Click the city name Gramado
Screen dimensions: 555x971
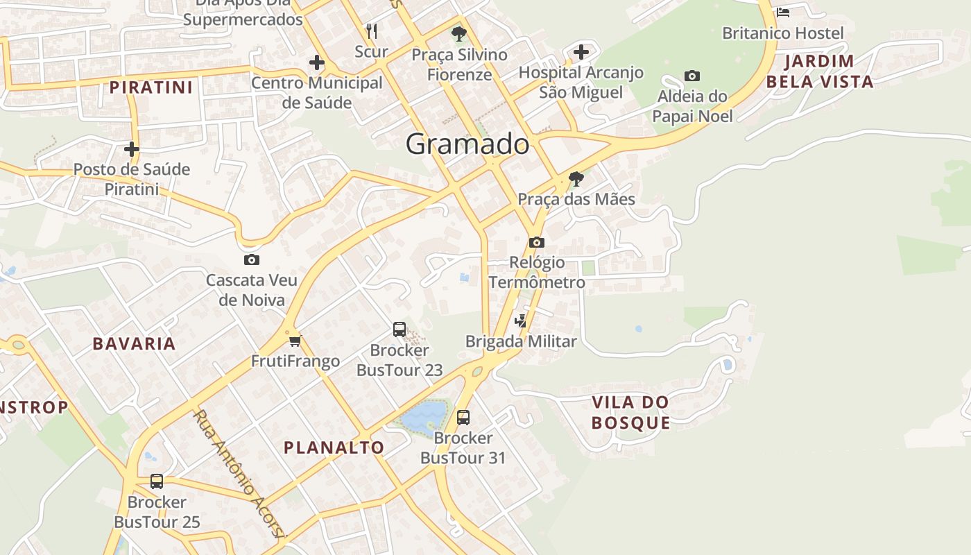click(x=467, y=144)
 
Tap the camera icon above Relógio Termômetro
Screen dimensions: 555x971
click(x=536, y=242)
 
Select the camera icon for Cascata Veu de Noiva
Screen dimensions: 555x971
click(x=252, y=260)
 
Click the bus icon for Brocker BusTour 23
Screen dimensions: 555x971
click(x=399, y=330)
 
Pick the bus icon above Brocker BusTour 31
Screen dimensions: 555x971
click(x=463, y=418)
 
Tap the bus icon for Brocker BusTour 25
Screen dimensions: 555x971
click(x=157, y=481)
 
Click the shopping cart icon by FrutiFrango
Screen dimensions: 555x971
click(x=295, y=341)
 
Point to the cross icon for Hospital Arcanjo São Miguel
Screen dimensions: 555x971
click(x=581, y=52)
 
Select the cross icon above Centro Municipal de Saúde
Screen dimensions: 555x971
click(x=317, y=62)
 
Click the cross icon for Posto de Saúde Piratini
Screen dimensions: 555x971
click(x=132, y=149)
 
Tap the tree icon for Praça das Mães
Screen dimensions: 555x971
click(x=576, y=179)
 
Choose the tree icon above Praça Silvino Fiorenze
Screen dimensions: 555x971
click(x=458, y=34)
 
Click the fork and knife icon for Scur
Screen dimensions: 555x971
click(x=372, y=31)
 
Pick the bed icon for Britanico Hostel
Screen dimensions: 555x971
click(x=783, y=12)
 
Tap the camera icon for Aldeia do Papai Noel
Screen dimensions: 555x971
click(x=691, y=76)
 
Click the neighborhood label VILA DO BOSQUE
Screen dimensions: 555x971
click(x=630, y=412)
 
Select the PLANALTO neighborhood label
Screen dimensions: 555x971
click(x=334, y=447)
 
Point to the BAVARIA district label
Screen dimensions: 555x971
click(x=134, y=343)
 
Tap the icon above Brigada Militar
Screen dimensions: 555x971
click(x=520, y=321)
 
